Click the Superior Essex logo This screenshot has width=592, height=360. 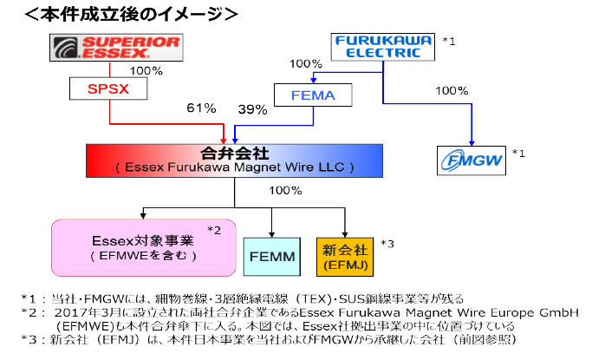click(x=115, y=48)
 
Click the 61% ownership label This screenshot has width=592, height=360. click(x=200, y=108)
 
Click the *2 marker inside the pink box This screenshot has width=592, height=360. click(x=214, y=229)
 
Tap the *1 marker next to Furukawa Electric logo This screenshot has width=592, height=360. click(x=449, y=40)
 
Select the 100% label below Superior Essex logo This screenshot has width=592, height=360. click(x=145, y=70)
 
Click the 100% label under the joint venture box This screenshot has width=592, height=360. click(x=286, y=190)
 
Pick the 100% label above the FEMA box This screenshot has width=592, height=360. click(x=305, y=64)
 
